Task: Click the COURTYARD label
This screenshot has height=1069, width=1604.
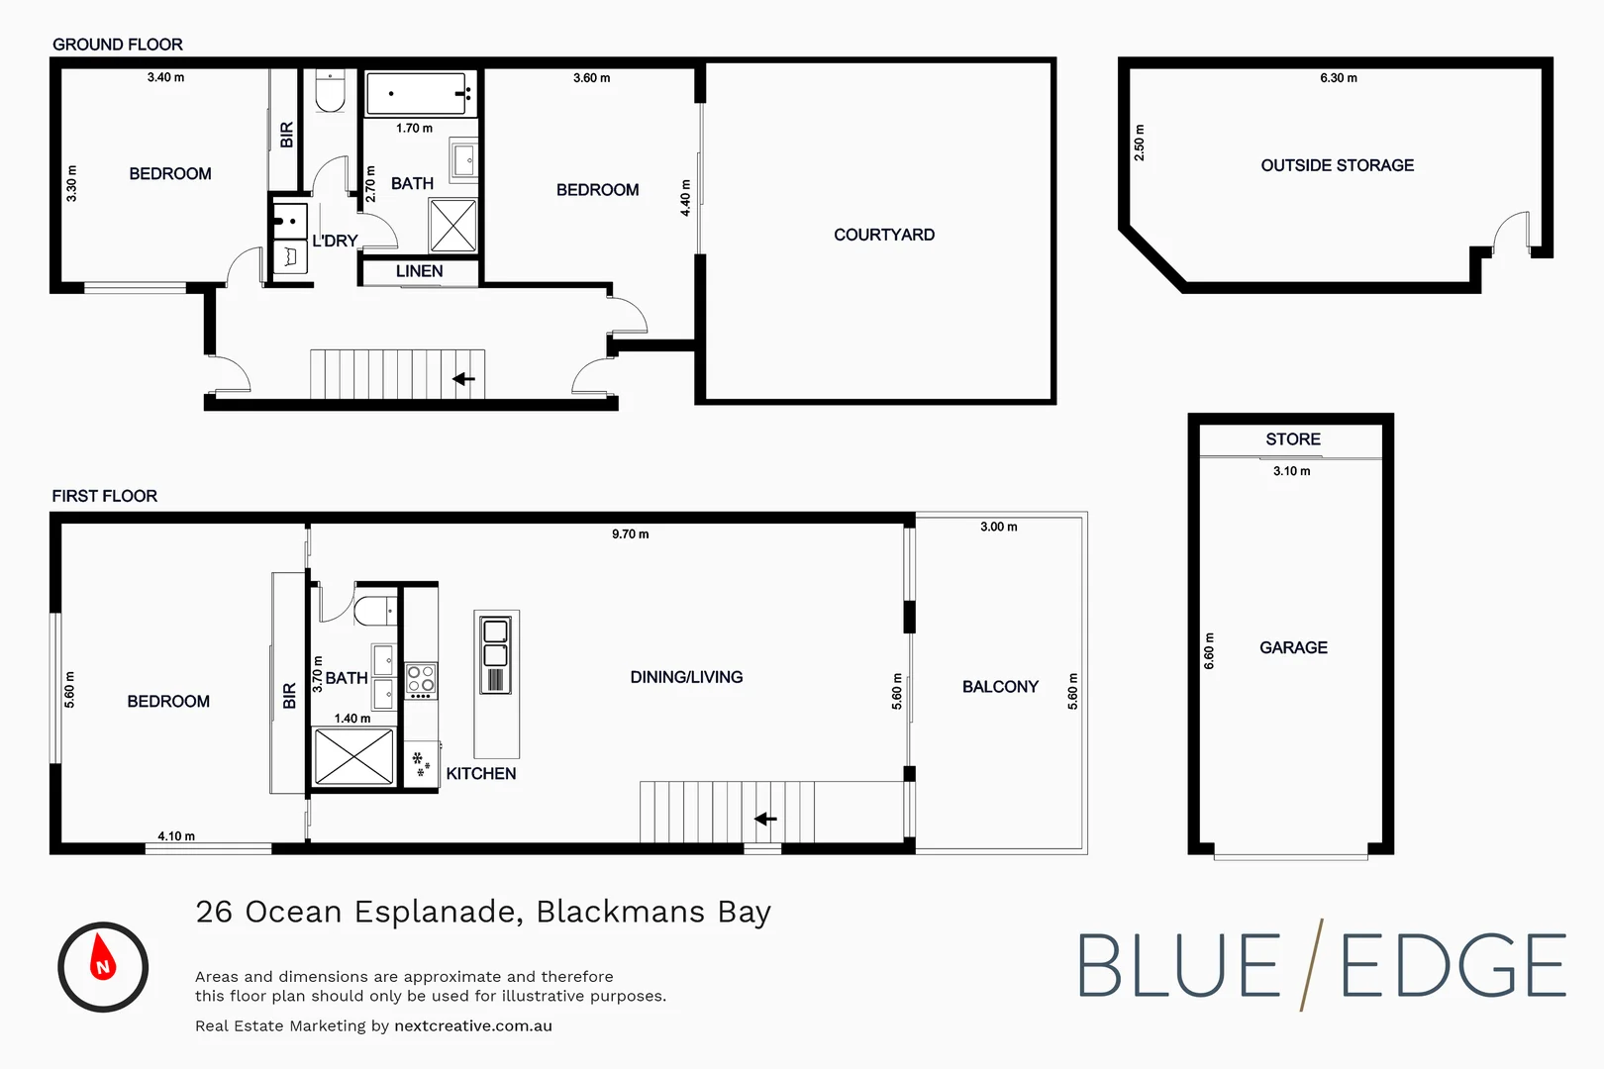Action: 883,235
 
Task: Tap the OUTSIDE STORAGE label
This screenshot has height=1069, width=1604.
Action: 1337,165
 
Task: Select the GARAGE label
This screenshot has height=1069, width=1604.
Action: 1293,647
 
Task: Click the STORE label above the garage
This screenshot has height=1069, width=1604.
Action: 1292,439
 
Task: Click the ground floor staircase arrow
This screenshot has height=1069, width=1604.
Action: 463,378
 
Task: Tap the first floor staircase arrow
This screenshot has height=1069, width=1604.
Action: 765,819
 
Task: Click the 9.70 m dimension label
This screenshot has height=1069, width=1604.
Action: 630,534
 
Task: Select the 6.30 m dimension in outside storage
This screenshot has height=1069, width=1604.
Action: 1338,78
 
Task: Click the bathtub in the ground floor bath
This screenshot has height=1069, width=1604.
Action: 416,94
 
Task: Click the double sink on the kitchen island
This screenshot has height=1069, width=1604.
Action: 495,642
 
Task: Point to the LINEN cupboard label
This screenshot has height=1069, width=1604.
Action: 419,271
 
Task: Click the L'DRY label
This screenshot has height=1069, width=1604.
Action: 335,241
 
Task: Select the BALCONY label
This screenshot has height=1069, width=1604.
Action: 1000,687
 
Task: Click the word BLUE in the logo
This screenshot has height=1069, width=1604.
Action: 1178,967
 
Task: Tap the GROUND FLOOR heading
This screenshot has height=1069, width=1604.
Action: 117,45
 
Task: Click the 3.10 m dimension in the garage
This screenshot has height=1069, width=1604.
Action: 1291,471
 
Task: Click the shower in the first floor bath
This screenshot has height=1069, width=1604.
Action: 353,757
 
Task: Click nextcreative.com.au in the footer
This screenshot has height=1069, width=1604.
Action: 472,1026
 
